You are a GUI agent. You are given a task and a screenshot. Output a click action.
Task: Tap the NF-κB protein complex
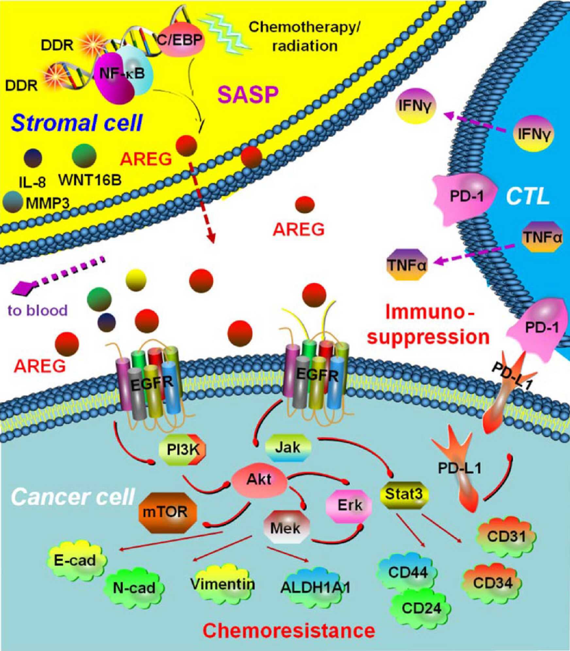pos(123,74)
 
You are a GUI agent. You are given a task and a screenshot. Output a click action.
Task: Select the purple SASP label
pos(248,94)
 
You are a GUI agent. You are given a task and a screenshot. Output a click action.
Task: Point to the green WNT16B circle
pos(84,156)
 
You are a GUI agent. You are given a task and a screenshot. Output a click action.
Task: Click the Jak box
pos(288,447)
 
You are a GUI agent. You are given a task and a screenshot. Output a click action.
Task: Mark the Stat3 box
pos(404,494)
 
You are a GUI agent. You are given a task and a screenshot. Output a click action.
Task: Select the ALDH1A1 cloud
pos(315,588)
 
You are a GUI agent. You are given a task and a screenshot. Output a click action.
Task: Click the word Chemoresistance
pos(289,630)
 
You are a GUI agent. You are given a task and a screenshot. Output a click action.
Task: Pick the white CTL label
pos(527,197)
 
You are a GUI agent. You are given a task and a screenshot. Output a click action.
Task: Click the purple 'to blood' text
pos(38,310)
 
